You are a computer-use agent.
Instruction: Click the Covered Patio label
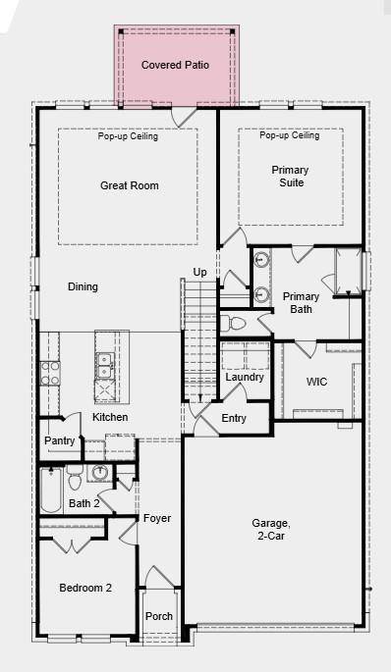pos(175,65)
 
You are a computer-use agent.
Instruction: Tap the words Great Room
pos(129,185)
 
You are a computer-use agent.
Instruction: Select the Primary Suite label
pos(289,177)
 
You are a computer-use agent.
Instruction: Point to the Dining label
pos(83,287)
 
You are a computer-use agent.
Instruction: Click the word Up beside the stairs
pos(199,272)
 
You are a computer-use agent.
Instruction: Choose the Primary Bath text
pos(301,302)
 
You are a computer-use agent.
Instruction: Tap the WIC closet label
pos(316,381)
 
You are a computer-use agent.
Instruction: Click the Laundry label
pos(244,378)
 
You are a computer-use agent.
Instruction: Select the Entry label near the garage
pos(234,419)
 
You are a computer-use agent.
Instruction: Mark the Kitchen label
pos(110,418)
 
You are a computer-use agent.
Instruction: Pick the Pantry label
pos(59,441)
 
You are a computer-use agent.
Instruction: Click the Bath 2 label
pos(84,504)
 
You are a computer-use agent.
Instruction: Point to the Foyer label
pos(157,518)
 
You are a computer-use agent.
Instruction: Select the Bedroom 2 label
pos(85,588)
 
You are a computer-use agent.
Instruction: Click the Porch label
pos(159,616)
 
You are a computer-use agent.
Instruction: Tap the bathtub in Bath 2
pos(50,490)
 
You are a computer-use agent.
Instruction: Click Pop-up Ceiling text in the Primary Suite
pos(290,135)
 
